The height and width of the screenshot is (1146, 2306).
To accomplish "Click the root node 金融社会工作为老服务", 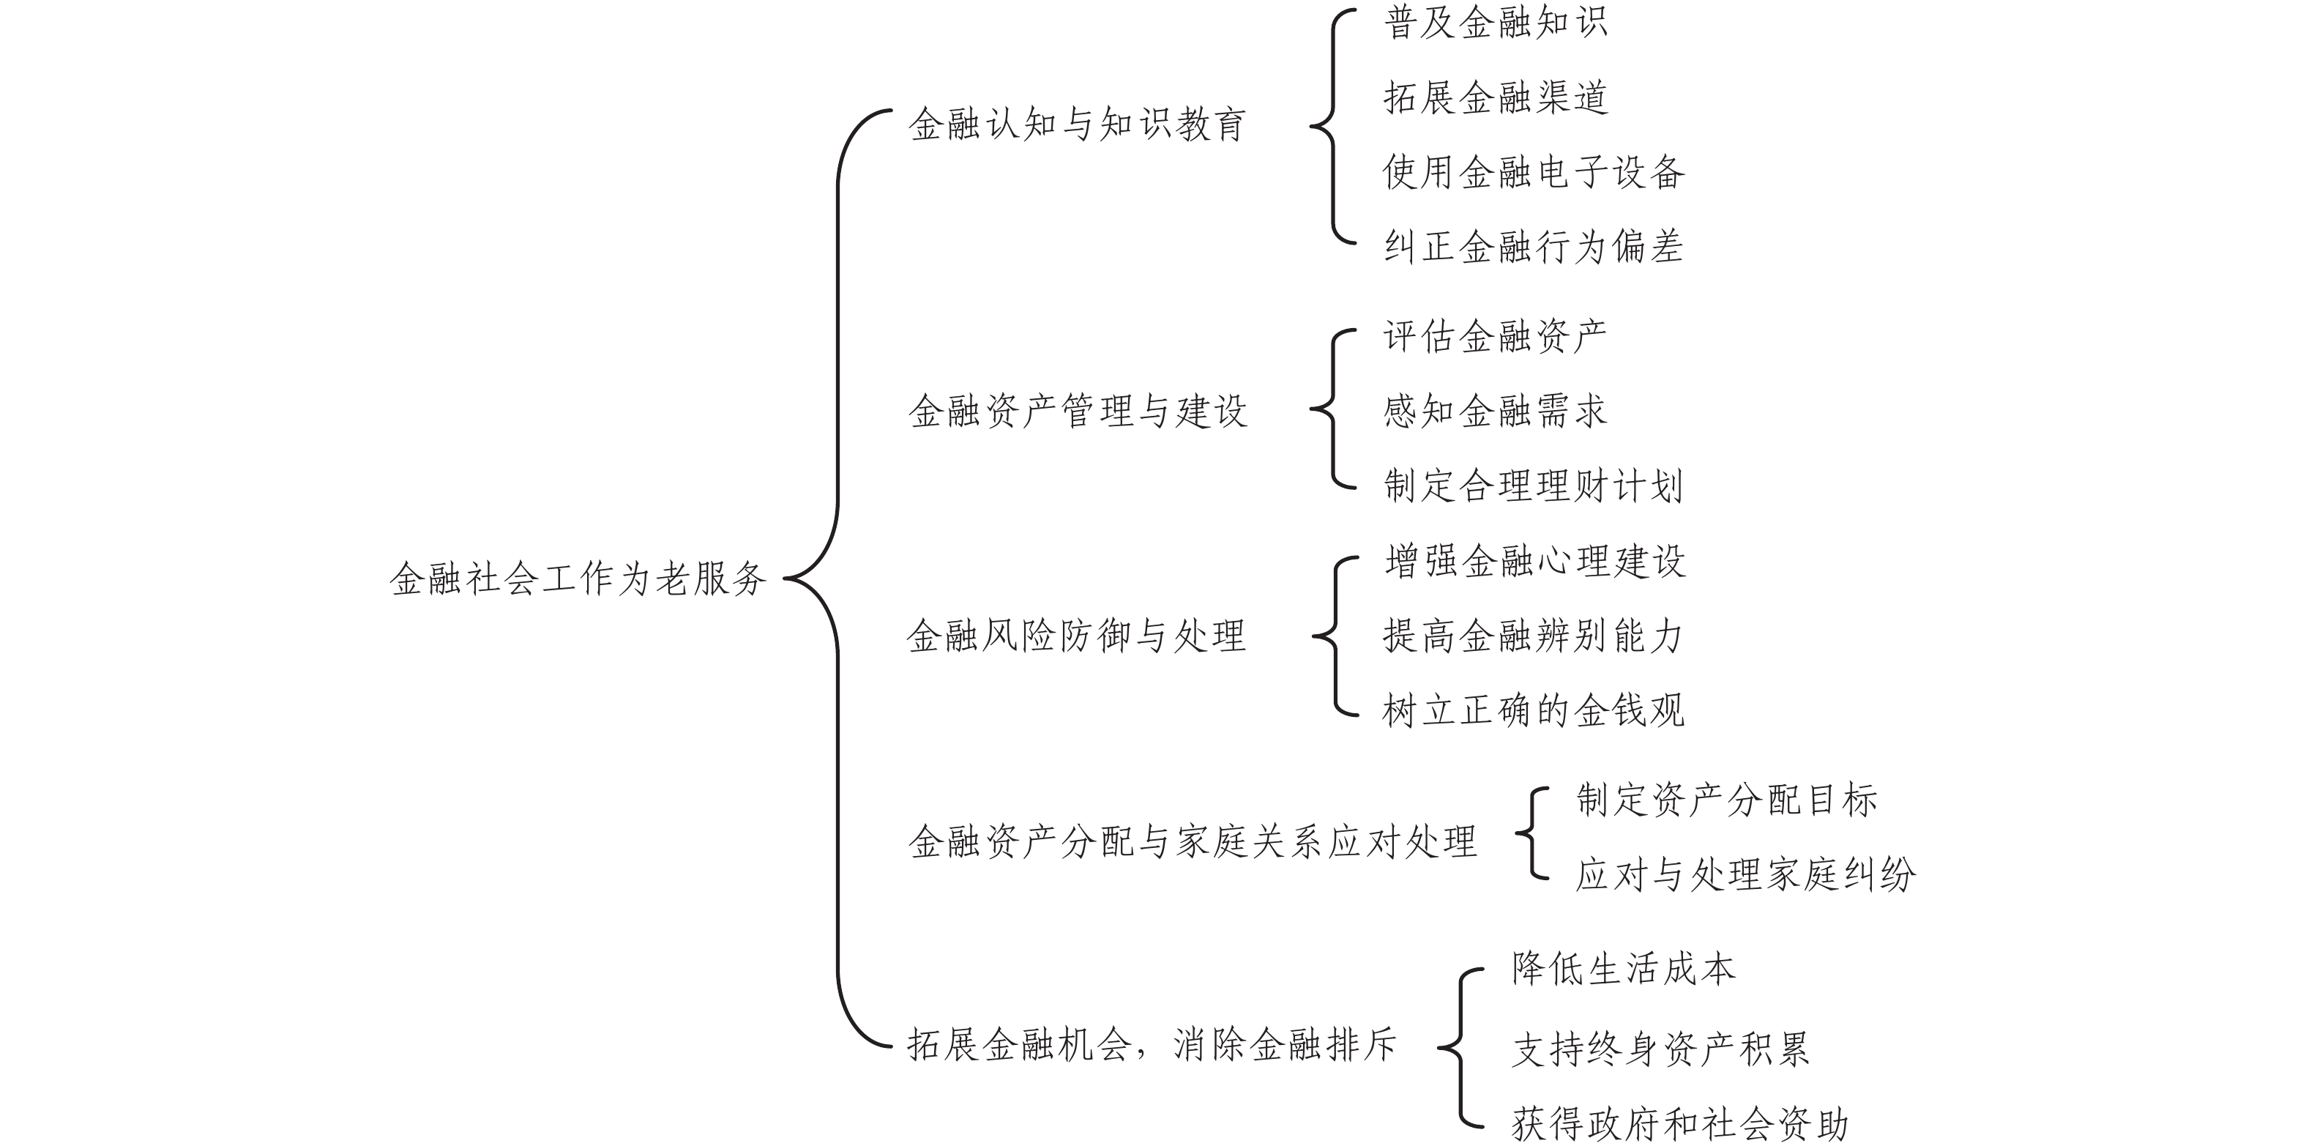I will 578,579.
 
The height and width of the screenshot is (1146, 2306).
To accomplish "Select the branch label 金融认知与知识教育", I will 1077,124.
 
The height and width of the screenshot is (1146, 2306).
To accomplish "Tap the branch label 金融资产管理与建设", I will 1077,412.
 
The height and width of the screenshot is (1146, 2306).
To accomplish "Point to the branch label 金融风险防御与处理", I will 1076,636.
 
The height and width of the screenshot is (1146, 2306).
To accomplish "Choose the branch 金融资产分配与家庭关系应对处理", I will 1193,841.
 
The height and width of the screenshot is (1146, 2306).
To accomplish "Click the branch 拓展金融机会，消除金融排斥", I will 1152,1045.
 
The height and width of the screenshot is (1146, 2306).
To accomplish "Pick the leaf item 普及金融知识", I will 1496,23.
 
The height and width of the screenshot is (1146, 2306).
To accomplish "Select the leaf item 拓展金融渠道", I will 1496,97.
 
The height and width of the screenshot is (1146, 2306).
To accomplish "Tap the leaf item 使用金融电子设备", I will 1534,172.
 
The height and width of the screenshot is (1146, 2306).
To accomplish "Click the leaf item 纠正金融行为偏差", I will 1534,247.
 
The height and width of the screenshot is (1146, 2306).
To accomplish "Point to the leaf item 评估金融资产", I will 1495,337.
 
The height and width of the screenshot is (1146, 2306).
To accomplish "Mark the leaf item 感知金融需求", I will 1495,412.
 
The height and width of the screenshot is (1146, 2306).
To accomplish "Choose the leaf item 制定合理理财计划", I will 1534,486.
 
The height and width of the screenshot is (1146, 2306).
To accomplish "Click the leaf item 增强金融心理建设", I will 1535,562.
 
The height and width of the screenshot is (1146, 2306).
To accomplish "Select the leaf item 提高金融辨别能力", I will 1534,636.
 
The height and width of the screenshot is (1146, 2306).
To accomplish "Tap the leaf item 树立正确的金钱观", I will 1534,712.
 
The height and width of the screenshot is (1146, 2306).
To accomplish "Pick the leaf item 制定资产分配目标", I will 1727,800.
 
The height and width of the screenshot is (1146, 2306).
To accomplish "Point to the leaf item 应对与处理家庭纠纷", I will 1746,875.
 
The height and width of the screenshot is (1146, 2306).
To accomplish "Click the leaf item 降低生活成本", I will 1624,970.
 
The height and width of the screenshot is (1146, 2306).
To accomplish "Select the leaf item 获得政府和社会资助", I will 1680,1125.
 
